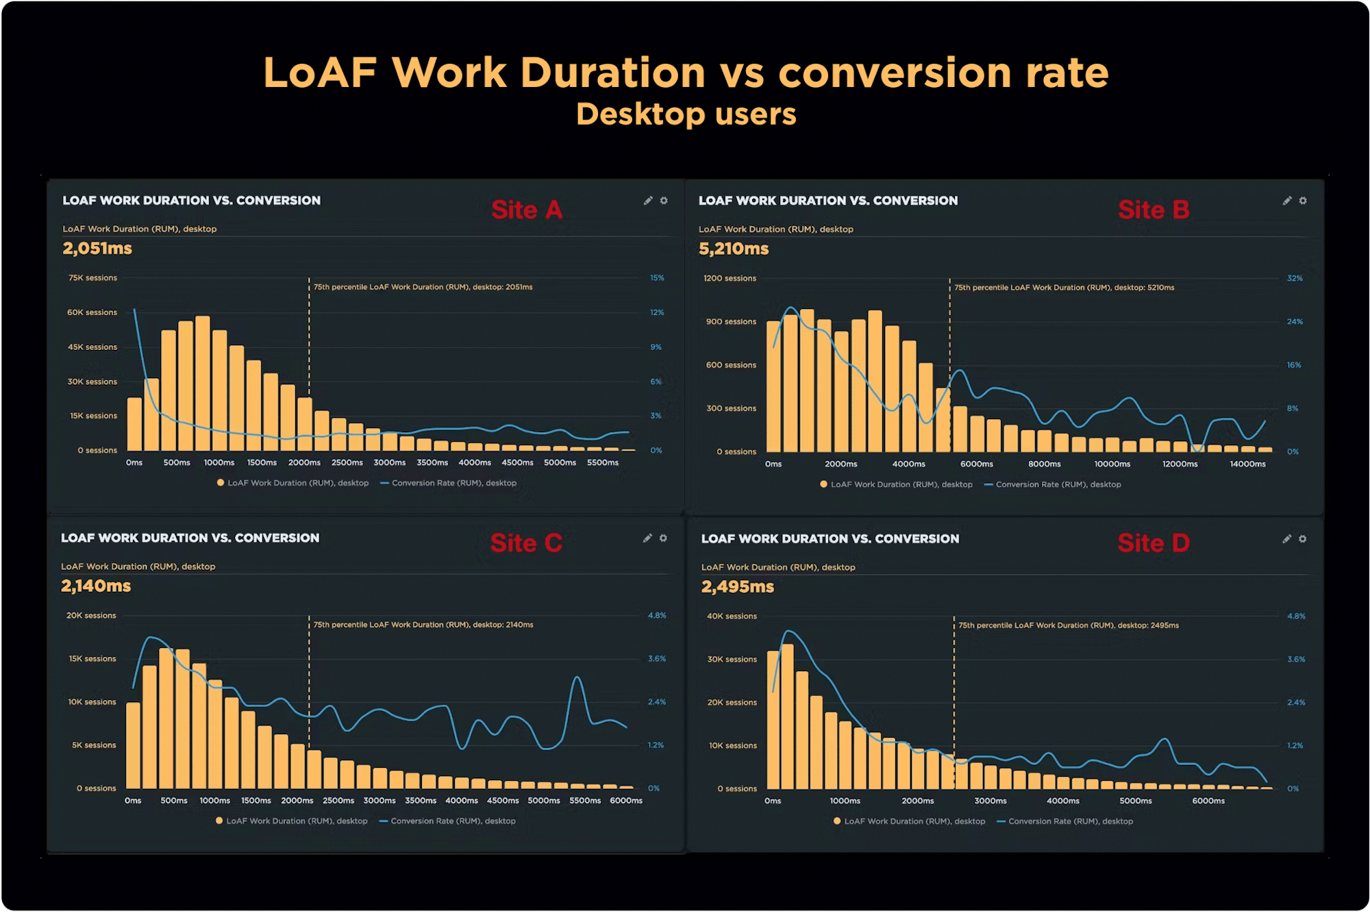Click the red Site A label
point(526,210)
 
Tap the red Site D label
point(1154,543)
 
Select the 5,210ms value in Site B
point(734,249)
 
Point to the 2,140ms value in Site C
point(96,586)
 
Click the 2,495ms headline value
point(738,587)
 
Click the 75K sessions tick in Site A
point(92,278)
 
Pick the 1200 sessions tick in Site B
point(730,279)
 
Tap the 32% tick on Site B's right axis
point(1295,279)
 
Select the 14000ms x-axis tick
point(1247,464)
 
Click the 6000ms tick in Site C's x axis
point(626,801)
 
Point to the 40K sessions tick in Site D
point(732,616)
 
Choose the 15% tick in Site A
point(657,278)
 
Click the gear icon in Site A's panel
point(664,201)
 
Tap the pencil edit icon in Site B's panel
point(1287,201)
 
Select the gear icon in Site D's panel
point(1302,539)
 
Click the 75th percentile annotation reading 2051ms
point(423,287)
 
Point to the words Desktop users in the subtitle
point(686,114)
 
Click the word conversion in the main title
point(895,73)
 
